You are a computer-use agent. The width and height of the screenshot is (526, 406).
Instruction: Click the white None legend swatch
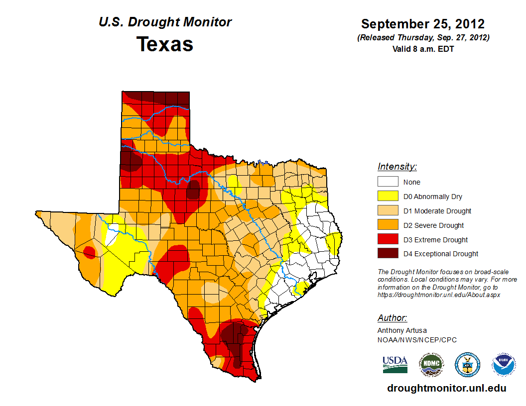[x=388, y=182]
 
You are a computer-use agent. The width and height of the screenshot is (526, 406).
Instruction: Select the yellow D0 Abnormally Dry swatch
[x=388, y=197]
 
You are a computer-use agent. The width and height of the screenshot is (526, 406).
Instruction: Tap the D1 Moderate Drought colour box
[x=388, y=211]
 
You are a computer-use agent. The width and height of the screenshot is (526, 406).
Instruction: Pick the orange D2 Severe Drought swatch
[x=388, y=225]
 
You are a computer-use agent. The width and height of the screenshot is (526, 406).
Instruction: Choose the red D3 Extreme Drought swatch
[x=388, y=240]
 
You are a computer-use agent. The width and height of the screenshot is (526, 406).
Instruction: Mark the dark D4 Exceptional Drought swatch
[x=388, y=254]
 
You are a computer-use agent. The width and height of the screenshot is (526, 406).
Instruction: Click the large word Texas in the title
[x=165, y=44]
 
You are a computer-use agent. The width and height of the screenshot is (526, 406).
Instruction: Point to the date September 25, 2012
[x=423, y=24]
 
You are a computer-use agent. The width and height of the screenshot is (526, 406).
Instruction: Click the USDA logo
[x=395, y=364]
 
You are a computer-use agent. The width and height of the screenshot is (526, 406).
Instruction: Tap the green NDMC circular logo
[x=431, y=365]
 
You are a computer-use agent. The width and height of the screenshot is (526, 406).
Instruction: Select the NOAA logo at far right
[x=504, y=365]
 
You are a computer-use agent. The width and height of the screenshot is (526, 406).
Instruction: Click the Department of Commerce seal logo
[x=467, y=365]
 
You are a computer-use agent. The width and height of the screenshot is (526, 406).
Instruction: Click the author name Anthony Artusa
[x=402, y=330]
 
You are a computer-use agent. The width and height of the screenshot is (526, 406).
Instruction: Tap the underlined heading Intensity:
[x=397, y=167]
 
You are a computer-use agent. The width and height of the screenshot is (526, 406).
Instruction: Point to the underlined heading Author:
[x=392, y=318]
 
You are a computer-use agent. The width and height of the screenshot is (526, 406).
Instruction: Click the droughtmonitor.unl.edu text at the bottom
[x=446, y=389]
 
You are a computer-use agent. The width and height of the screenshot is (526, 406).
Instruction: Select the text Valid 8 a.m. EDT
[x=423, y=49]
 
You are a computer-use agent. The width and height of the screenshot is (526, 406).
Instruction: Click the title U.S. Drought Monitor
[x=165, y=22]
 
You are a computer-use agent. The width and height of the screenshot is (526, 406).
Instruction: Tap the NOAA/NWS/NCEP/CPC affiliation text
[x=417, y=340]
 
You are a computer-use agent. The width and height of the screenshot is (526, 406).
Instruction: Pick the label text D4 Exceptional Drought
[x=441, y=254]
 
